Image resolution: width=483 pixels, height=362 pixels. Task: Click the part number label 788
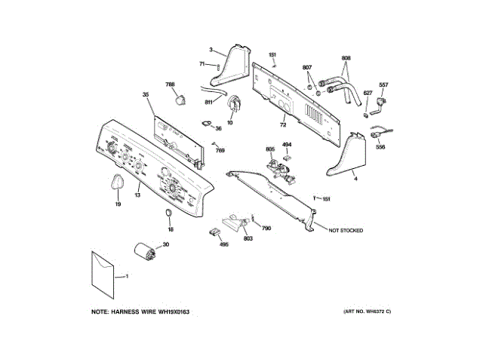coord(170,84)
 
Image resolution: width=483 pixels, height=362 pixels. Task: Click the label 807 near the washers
coord(307,69)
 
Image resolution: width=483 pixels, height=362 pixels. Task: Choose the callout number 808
coord(346,58)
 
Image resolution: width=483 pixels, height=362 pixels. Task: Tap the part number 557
coord(383,84)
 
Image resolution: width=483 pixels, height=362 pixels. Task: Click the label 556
coord(380,147)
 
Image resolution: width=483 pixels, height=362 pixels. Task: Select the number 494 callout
coord(287,144)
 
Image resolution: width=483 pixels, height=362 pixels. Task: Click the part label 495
coord(223,244)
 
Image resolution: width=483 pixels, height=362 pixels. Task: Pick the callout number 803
coord(248,239)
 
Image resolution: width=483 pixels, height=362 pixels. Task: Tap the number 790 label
coord(266,228)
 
